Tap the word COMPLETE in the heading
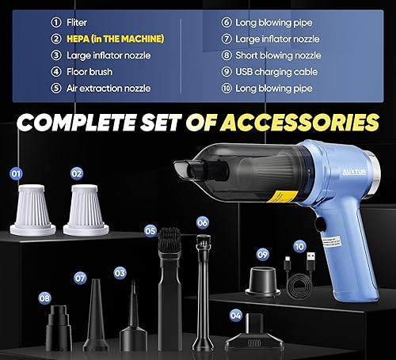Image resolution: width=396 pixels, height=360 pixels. point(82,123)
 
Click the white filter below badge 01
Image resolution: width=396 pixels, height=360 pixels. point(32,210)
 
